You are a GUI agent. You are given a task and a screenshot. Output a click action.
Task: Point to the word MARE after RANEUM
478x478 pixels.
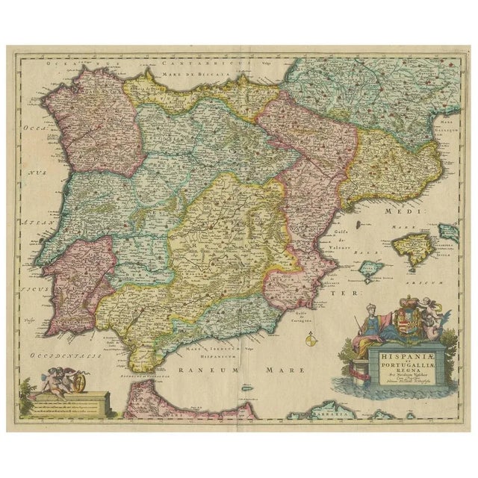282,369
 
